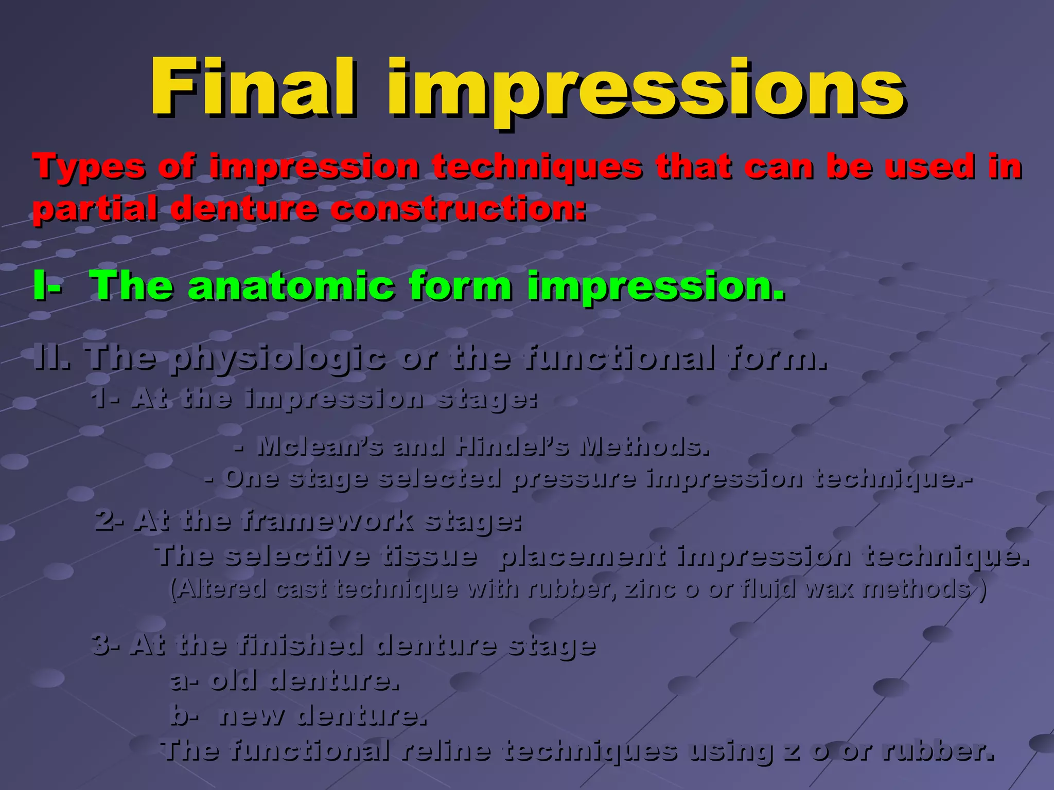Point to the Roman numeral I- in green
(47, 286)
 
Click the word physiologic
(278, 358)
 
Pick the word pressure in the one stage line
(574, 479)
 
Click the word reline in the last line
(445, 750)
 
